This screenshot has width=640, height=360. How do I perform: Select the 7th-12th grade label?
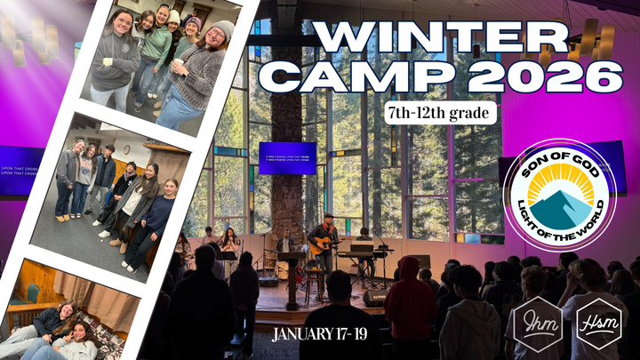[x=441, y=113]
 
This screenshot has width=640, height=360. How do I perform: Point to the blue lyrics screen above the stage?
[x=287, y=157]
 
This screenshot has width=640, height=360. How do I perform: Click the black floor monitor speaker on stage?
[x=374, y=298]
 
